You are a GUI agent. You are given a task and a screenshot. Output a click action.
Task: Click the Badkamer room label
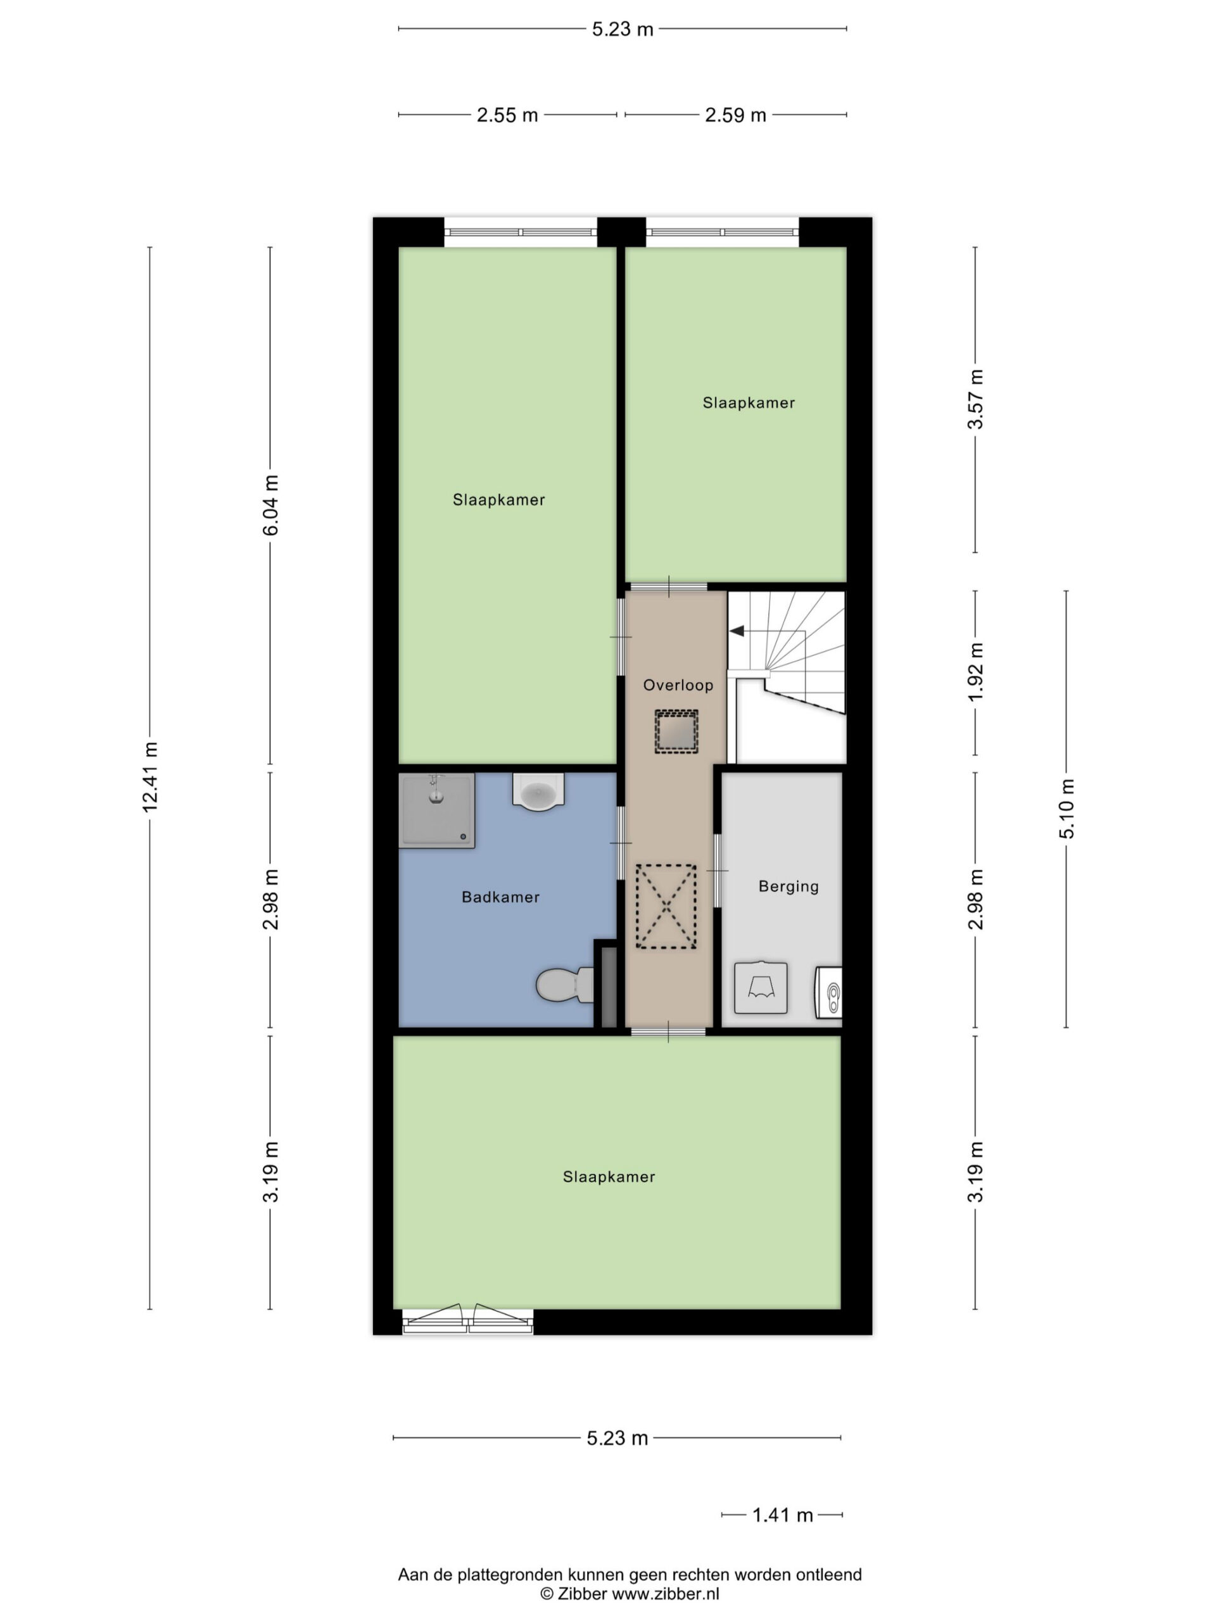tap(500, 897)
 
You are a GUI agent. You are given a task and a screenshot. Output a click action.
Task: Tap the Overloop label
tap(678, 685)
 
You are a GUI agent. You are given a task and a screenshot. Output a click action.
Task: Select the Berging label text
tap(788, 886)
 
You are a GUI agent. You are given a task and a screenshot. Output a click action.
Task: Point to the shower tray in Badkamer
tap(436, 810)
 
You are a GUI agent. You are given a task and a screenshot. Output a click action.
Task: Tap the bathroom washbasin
tap(537, 792)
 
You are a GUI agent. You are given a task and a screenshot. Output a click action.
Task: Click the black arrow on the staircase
tap(736, 631)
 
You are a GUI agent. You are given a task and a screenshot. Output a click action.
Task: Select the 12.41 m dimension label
tap(150, 777)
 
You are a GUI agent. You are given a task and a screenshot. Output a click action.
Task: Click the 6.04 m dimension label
tap(270, 505)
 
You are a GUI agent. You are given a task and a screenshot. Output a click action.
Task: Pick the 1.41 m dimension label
tap(782, 1515)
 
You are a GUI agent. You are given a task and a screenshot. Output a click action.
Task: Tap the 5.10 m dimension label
tap(1067, 809)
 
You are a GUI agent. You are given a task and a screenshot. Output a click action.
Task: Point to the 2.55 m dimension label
tap(507, 115)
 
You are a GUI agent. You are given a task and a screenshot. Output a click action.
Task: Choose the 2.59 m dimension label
tap(735, 115)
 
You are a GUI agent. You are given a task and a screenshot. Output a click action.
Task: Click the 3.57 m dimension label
tap(975, 400)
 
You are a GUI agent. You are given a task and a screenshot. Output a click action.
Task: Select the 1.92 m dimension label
tap(975, 672)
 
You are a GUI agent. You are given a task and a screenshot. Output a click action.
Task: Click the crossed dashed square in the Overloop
tap(666, 907)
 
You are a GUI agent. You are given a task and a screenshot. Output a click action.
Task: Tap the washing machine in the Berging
tap(761, 988)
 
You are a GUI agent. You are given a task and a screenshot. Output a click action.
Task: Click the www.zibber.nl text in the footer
tap(666, 1593)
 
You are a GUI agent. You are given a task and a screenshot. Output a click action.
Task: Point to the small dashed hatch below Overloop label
tap(676, 731)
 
